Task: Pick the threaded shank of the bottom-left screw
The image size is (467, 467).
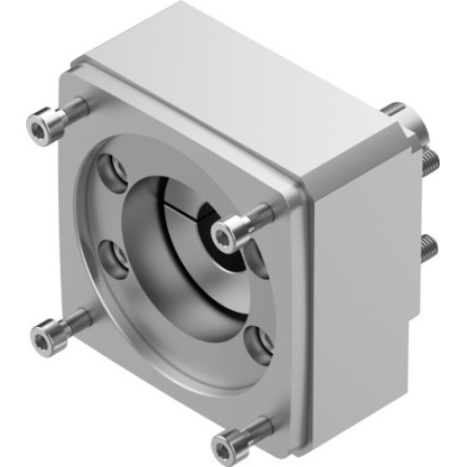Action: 77,321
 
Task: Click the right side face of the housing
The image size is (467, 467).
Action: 355,271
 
